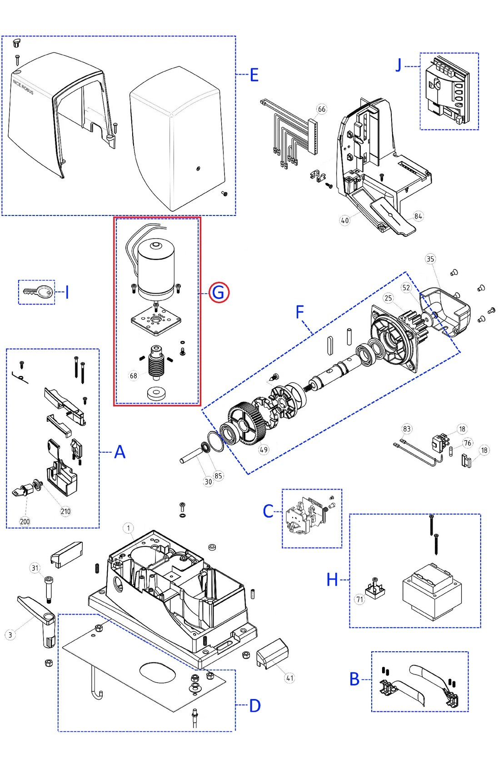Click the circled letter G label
point(219,292)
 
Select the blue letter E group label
point(254,75)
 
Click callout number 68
point(133,376)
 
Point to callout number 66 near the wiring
point(322,109)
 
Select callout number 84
point(418,216)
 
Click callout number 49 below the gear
point(264,450)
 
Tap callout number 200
point(25,521)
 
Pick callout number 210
point(65,511)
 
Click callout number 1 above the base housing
point(129,528)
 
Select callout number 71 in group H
point(360,599)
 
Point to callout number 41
point(290,678)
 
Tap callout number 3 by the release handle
point(10,635)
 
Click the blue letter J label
point(398,66)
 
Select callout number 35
point(430,259)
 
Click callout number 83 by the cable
point(407,429)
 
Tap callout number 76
point(468,443)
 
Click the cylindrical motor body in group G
point(156,268)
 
